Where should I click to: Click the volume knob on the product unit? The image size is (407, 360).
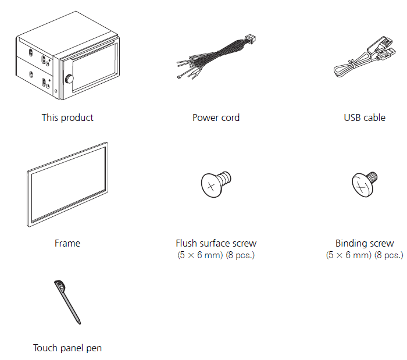[69, 79]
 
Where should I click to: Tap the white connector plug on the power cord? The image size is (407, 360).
[250, 39]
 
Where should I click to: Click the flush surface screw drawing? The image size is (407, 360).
[216, 184]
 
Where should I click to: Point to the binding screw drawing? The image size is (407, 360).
[365, 184]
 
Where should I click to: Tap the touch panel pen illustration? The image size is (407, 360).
[67, 302]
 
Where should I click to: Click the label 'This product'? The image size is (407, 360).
[67, 117]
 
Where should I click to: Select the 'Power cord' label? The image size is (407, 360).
[216, 117]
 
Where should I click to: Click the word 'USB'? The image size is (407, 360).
[352, 118]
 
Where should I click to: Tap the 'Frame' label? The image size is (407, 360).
[67, 243]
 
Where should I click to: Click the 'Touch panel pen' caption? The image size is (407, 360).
[67, 348]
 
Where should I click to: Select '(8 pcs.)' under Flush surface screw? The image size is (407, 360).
[240, 255]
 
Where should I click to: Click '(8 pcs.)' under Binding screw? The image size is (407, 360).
[388, 255]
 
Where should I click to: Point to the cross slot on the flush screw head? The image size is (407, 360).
[211, 186]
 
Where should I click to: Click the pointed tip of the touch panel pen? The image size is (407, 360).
[80, 323]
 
